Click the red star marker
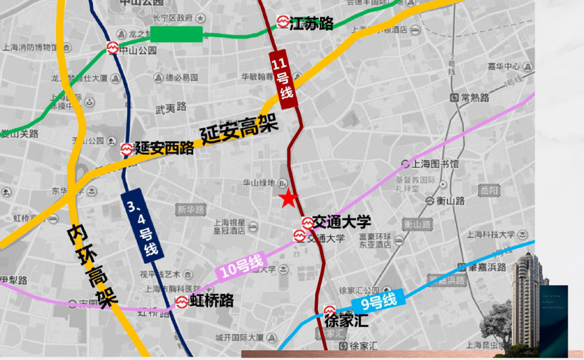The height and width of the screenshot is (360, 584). (x=288, y=199)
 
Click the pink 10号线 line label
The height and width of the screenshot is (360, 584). (x=243, y=267)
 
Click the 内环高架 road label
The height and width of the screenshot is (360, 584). (x=91, y=267)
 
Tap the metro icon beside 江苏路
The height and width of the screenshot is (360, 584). (x=283, y=22)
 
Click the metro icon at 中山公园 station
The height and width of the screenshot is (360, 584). (x=112, y=48)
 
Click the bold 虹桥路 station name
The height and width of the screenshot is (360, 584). (x=211, y=301)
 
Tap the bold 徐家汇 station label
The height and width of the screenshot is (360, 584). (x=347, y=320)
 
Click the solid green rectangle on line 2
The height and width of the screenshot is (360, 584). (x=176, y=34)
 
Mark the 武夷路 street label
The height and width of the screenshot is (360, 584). (x=171, y=108)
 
